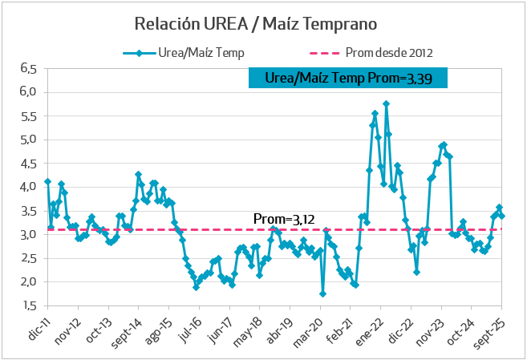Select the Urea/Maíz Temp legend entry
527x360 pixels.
point(184,54)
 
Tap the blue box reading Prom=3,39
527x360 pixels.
point(347,78)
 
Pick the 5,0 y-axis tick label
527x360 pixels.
point(29,140)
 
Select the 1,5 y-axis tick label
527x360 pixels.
point(29,305)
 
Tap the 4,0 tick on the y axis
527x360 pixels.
point(29,187)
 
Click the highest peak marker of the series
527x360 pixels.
point(386,103)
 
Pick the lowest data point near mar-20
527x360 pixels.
point(322,293)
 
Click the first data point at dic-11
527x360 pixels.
point(47,181)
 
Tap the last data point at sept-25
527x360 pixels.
point(502,216)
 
